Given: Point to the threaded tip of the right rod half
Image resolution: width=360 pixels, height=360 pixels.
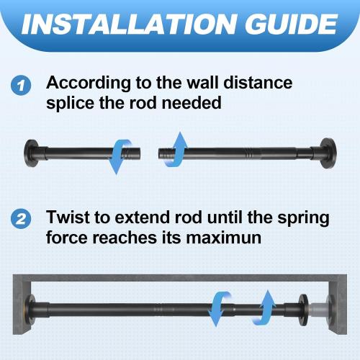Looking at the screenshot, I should (161, 152).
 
